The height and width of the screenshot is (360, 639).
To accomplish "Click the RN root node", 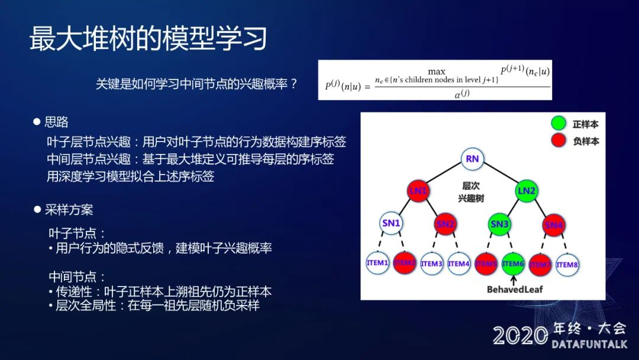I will point(472,159).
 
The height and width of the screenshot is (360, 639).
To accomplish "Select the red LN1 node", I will point(418,191).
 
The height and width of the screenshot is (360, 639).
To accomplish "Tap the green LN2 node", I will point(526,191).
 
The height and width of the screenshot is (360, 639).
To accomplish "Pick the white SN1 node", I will point(391,223).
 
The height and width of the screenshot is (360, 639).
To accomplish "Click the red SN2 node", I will point(445,224).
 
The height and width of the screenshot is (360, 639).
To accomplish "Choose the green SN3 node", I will point(499,224).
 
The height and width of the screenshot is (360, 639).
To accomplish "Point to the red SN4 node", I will point(553,224).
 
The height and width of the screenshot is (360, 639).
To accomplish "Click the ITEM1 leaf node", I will point(377,263).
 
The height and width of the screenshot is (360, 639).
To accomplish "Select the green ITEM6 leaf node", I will point(513,263).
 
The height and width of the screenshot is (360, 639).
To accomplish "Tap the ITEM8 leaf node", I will point(567,264).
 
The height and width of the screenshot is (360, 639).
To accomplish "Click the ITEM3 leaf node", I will point(432,263).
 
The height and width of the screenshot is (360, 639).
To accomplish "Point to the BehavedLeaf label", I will point(514,290).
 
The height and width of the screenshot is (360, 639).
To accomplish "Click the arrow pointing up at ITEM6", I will point(514,279).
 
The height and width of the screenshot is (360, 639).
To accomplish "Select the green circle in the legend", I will point(559,124).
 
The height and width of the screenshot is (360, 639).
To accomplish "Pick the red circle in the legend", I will point(559,141).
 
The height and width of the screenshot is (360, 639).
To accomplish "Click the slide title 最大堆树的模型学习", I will point(149,38).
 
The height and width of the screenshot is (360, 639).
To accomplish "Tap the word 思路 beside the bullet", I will point(57,122).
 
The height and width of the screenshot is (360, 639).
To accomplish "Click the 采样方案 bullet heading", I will point(69,210).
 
